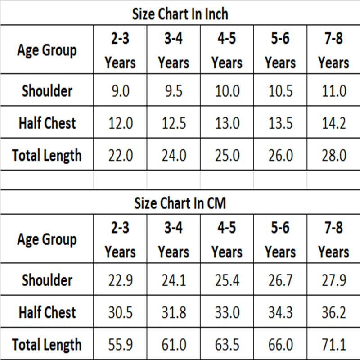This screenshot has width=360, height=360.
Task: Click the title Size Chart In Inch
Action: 180,14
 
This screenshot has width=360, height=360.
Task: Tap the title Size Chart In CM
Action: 180,203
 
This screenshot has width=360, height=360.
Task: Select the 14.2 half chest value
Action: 334,123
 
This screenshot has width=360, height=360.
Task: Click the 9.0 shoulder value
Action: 121,91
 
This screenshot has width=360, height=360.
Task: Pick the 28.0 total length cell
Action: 334,155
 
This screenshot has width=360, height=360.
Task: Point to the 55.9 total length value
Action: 121,345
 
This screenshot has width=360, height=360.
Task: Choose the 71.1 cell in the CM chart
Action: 334,345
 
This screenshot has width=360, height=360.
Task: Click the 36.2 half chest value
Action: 334,312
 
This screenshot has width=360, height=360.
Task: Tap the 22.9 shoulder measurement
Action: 121,280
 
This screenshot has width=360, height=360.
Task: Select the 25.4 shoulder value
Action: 227,280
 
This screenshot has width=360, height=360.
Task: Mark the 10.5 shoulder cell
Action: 280,91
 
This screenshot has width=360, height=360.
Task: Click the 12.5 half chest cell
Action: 174,123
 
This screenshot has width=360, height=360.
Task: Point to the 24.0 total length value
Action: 174,155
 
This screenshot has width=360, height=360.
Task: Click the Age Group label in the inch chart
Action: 47,50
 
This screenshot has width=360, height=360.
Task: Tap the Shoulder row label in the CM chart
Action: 47,280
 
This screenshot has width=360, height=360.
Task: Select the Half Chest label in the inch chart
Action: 47,123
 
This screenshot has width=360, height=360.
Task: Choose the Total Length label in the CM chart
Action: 47,345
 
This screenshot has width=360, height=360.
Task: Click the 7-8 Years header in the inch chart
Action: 333,50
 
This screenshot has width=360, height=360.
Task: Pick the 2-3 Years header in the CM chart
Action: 120,240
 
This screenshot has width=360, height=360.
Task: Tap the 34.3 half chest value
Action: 280,312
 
